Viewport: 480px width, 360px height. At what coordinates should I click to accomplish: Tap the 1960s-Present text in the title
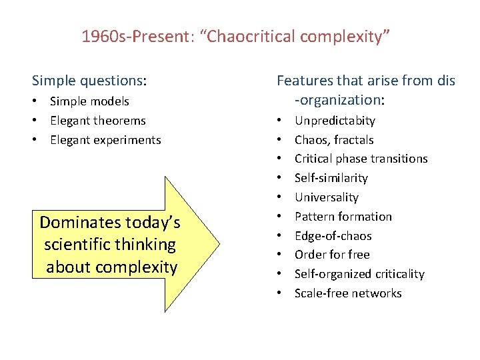tap(134, 36)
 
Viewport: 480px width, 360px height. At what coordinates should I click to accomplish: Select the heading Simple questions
tap(89, 81)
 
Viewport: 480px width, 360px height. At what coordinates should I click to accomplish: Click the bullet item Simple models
tap(89, 101)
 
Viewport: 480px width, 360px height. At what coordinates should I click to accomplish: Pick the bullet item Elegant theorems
tap(97, 121)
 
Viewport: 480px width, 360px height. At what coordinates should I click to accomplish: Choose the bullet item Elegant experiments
tap(105, 140)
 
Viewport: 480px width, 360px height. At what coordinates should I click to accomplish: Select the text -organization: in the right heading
tap(339, 100)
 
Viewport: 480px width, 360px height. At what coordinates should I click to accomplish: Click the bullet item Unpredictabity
tap(335, 121)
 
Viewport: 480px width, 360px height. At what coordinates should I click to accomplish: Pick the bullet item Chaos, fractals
tap(334, 140)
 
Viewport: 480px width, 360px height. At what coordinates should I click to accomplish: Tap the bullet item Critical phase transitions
tap(361, 159)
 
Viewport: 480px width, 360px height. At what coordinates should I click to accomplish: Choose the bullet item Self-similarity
tap(331, 178)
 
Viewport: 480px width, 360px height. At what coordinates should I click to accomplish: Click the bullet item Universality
tap(326, 197)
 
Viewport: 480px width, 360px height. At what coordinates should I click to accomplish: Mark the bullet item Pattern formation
tap(343, 217)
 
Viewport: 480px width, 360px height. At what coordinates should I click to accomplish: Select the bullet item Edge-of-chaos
tap(333, 236)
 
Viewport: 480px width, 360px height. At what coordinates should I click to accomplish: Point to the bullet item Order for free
tap(331, 255)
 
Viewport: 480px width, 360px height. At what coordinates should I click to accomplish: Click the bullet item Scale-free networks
tap(348, 293)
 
